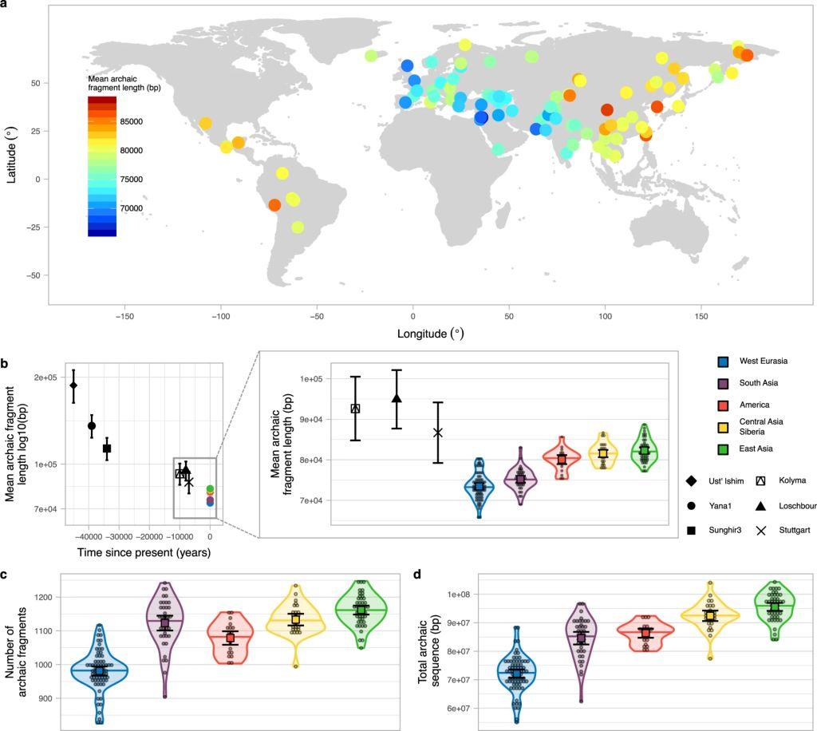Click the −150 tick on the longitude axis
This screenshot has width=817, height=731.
click(x=125, y=316)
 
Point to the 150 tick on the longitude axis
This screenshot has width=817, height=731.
click(x=701, y=316)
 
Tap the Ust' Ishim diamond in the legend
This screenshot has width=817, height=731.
click(x=692, y=480)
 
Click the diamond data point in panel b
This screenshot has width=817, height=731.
click(x=73, y=385)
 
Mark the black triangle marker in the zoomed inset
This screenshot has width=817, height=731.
click(x=397, y=398)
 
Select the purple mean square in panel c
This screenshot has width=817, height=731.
click(x=165, y=622)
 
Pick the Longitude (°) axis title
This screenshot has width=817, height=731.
click(x=430, y=333)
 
